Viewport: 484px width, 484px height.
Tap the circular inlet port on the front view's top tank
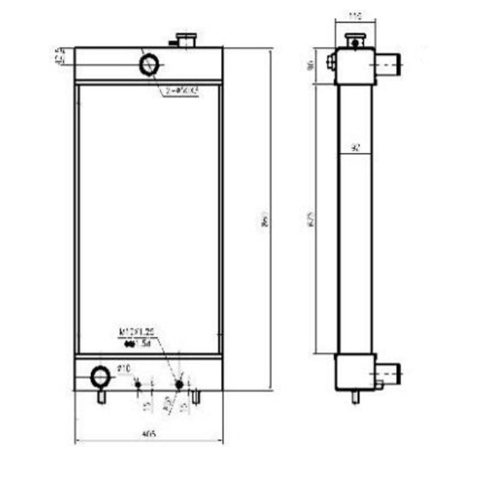point(149,64)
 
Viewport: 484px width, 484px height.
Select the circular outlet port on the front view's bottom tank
point(100,377)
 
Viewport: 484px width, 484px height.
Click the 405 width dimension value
point(148,433)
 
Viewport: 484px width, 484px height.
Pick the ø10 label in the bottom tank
point(124,367)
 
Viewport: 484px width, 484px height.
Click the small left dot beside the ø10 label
point(138,385)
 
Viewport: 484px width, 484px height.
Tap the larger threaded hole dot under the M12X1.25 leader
point(179,384)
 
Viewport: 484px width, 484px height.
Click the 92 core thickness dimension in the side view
point(356,147)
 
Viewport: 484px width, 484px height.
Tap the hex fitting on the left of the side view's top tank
point(331,60)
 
